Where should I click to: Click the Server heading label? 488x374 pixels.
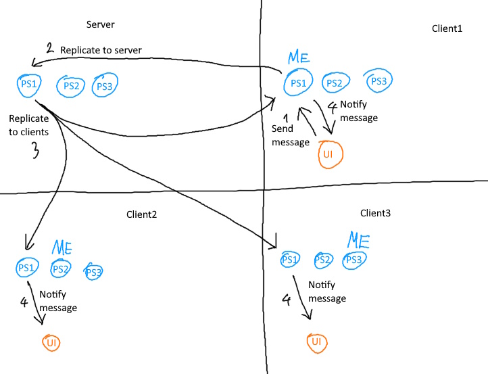pos(101,25)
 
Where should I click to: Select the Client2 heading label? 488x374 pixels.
pos(141,214)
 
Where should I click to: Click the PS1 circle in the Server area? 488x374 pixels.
pos(29,85)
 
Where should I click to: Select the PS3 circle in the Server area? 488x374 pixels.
pos(104,86)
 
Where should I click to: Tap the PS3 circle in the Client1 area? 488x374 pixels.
pos(379,81)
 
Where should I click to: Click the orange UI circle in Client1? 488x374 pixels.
pos(329,154)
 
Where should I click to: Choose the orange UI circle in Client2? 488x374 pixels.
pos(52,343)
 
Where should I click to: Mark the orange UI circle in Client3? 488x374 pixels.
pos(316,343)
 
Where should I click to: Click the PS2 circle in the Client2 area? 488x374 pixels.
pos(61,268)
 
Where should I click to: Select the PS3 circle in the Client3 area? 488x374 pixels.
pos(354,260)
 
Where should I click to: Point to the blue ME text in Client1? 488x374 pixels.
pos(299,58)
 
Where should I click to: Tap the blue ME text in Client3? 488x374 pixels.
pos(358,240)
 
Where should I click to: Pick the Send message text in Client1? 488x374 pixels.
pos(290,135)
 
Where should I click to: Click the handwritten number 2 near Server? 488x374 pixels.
pos(49,48)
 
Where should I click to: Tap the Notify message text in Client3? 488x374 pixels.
pos(327,291)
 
